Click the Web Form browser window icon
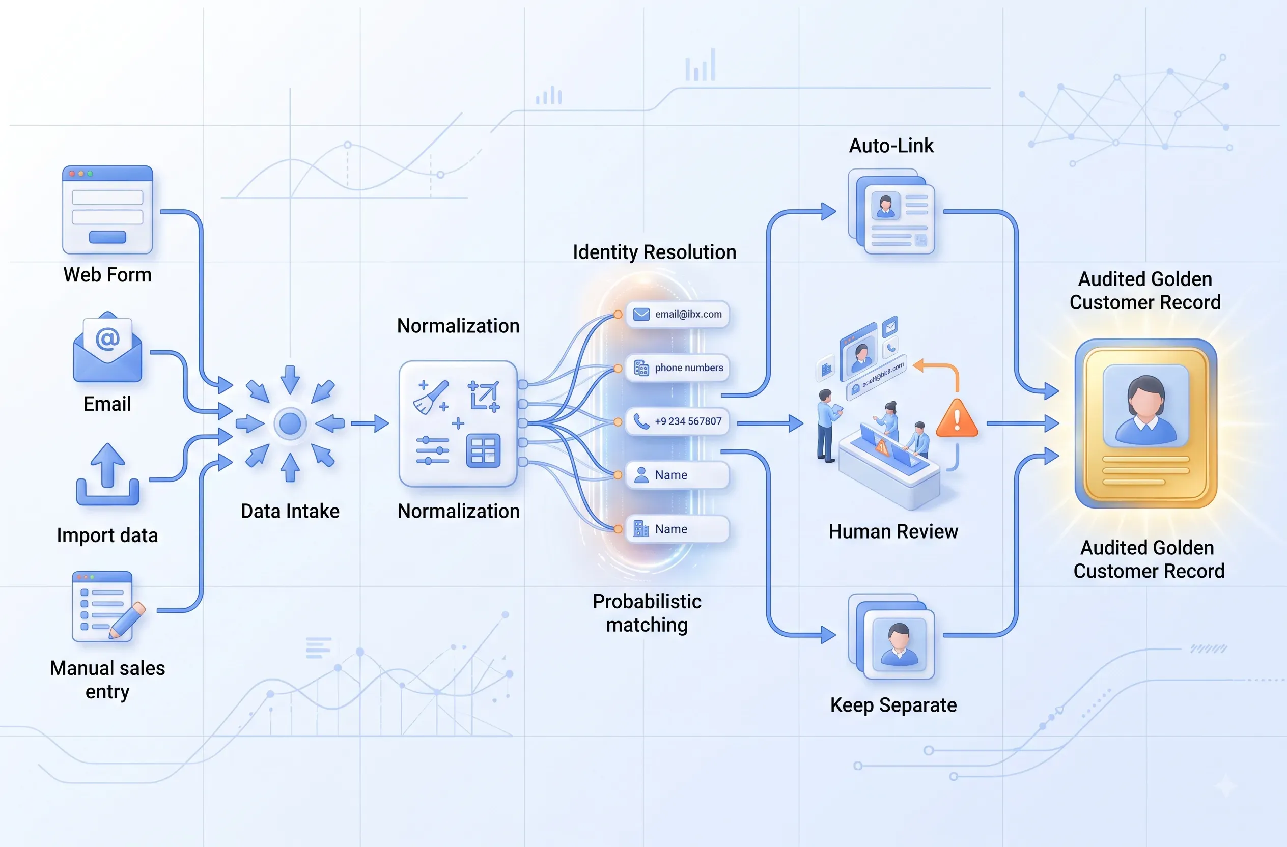click(x=107, y=210)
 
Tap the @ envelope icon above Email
click(x=107, y=347)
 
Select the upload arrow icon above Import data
click(x=107, y=474)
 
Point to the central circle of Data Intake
click(x=290, y=423)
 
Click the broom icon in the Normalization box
click(x=431, y=397)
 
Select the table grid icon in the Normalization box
click(x=483, y=450)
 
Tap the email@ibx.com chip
click(x=677, y=315)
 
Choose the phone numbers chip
click(x=677, y=368)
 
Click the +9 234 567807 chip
click(x=677, y=421)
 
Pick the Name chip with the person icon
click(x=677, y=475)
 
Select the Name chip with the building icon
click(x=677, y=529)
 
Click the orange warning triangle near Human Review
click(x=957, y=419)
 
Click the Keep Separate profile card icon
click(x=891, y=637)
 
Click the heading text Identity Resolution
click(x=654, y=252)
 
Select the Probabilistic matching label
click(x=647, y=613)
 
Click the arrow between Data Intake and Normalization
click(x=370, y=423)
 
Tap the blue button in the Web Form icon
click(x=107, y=237)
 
